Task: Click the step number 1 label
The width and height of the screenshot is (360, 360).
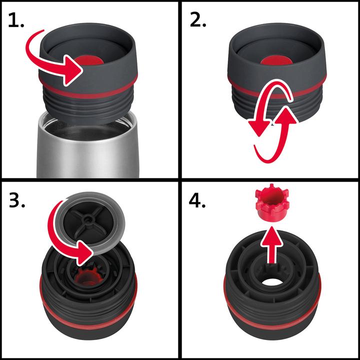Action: point(16,21)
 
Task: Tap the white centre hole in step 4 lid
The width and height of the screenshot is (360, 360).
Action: point(270,277)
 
